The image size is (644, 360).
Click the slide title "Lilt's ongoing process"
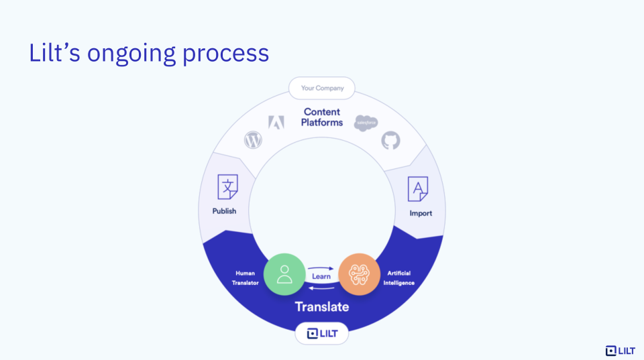[148, 53]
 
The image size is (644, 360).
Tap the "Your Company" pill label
[322, 88]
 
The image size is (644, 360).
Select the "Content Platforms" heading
[322, 117]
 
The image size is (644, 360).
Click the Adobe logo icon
[276, 122]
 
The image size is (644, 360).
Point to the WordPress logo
[253, 140]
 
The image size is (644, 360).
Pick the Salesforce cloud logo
[366, 123]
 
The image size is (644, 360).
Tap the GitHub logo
[390, 140]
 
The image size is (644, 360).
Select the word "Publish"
[224, 211]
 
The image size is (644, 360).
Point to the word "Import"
[421, 213]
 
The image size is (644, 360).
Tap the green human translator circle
[284, 274]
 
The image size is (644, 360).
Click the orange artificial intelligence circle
[359, 274]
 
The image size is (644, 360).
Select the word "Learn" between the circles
[321, 276]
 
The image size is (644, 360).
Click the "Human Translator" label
[246, 278]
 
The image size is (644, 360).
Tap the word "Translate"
[322, 306]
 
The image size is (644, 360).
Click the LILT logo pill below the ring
[322, 333]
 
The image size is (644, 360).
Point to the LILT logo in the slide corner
[620, 351]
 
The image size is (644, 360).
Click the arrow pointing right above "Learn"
[322, 268]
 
